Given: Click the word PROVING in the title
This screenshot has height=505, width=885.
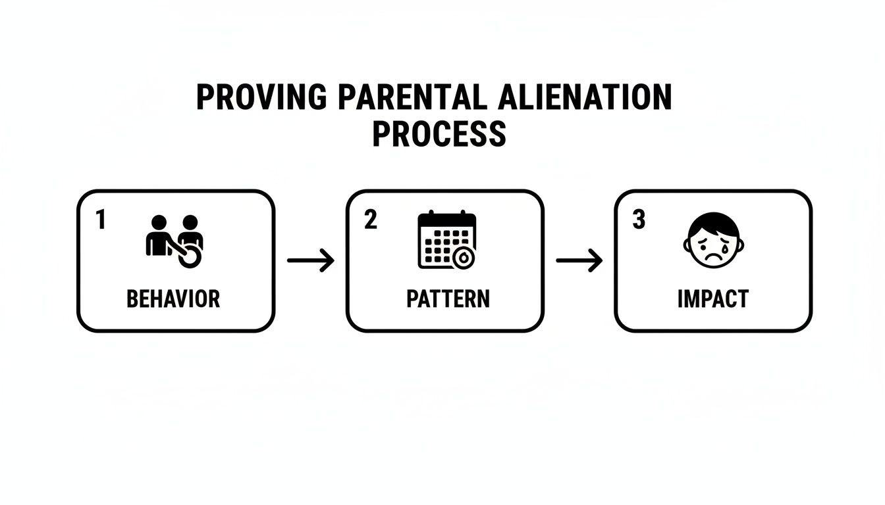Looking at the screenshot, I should click(261, 97).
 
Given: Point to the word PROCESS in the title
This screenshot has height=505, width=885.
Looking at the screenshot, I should click(439, 133).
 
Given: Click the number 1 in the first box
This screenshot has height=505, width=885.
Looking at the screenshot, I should click(100, 220).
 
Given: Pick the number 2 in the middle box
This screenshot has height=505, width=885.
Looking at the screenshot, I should click(371, 220).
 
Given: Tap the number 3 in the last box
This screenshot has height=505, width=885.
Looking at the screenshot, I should click(639, 220).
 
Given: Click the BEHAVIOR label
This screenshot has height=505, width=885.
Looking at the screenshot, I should click(173, 299).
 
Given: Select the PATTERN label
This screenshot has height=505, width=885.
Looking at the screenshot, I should click(448, 299).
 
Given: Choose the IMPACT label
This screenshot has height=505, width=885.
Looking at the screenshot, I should click(712, 299).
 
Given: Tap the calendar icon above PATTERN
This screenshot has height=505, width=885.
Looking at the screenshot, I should click(446, 239).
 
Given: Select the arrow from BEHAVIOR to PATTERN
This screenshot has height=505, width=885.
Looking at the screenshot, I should click(311, 261).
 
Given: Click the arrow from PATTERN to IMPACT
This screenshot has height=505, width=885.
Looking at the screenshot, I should click(579, 261).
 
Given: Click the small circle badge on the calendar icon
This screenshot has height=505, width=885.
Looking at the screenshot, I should click(464, 258).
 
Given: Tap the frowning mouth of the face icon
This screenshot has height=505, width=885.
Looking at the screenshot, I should click(713, 256).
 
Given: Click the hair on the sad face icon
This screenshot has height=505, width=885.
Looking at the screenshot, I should click(713, 220).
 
